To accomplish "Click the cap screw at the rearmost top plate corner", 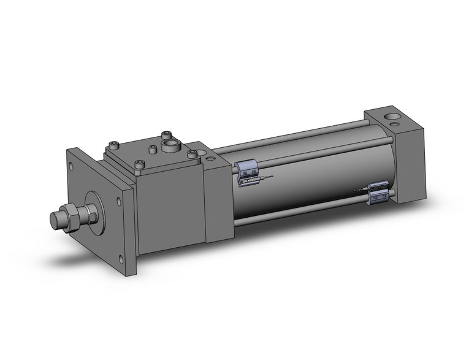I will (x=166, y=134).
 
